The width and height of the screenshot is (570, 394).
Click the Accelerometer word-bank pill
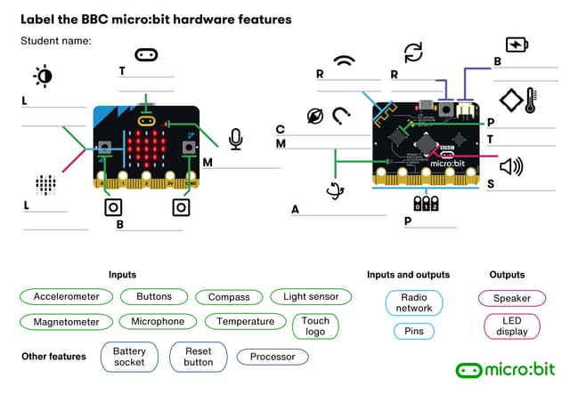66,297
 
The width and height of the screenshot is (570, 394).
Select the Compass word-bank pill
229,297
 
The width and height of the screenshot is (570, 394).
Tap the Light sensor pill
311,297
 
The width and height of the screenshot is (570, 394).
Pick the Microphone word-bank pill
158,321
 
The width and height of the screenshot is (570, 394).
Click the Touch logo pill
315,326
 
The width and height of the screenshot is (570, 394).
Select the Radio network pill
414,302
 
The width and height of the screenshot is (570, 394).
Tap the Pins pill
414,331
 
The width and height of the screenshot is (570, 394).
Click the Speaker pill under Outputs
512,299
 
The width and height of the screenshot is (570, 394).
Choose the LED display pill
512,326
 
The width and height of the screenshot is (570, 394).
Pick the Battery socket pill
129,357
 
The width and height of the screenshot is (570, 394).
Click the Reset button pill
199,357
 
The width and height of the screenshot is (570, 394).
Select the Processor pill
273,357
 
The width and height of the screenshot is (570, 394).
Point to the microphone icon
235,139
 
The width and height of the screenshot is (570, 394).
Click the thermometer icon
530,99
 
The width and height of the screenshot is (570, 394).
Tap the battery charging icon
517,44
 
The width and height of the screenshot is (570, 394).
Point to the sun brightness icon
42,76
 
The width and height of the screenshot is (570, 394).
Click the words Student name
56,41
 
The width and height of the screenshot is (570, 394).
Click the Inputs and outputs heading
408,275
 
